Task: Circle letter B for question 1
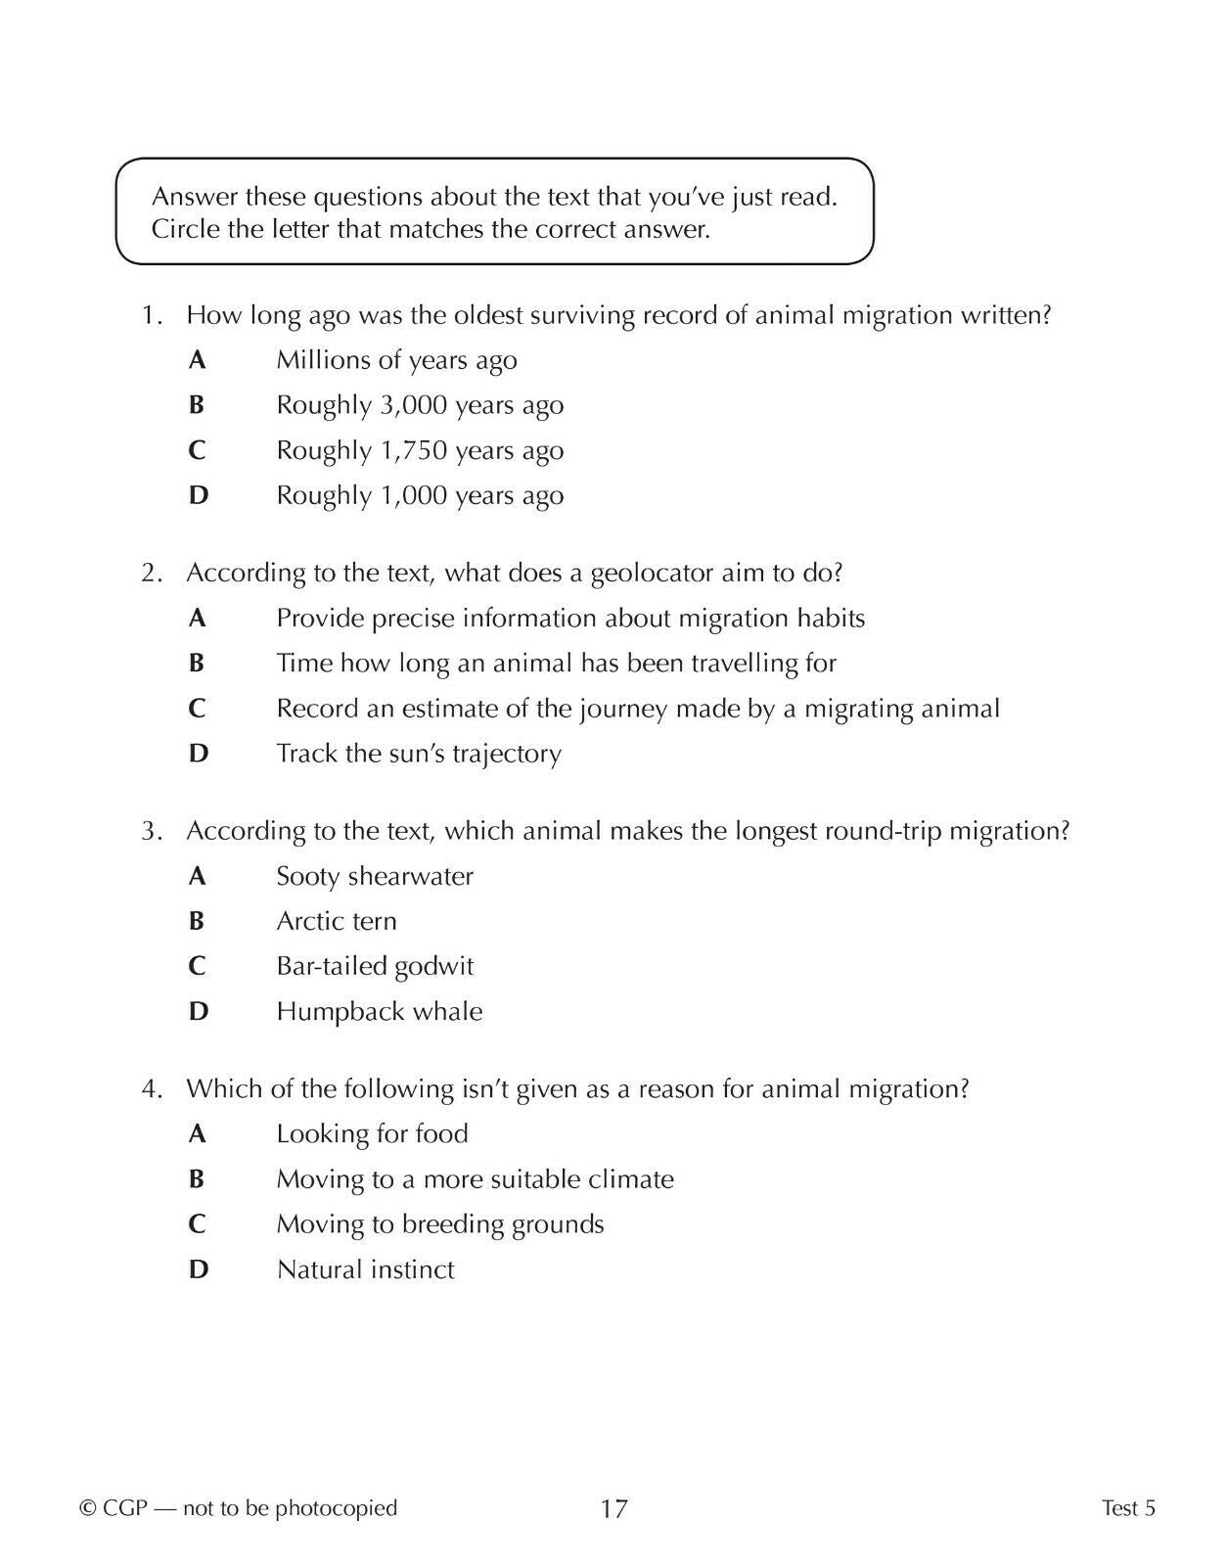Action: pos(197,405)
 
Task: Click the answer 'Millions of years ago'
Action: pos(396,360)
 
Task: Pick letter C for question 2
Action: pos(197,709)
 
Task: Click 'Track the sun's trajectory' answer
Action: pos(419,754)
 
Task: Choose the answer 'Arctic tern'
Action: pos(337,921)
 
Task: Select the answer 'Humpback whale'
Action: pos(380,1011)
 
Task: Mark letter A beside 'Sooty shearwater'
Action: pos(197,876)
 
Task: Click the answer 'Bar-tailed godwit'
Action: pos(375,966)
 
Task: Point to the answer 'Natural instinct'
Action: pos(365,1269)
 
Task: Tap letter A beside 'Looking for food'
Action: pos(197,1133)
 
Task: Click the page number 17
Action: pos(613,1508)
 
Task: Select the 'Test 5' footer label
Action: pos(1128,1508)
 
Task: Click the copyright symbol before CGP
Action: pos(87,1508)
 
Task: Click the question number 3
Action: pos(151,831)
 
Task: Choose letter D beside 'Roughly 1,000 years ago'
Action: pos(198,495)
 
